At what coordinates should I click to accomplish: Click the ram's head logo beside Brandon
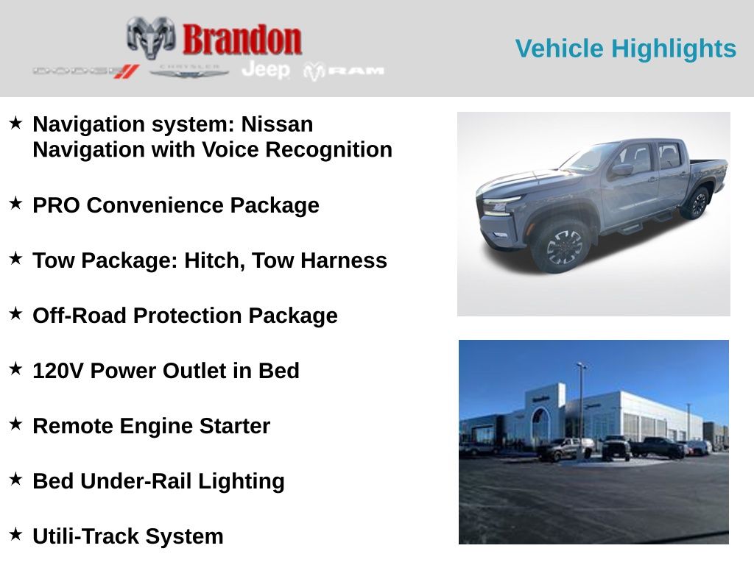[x=151, y=38]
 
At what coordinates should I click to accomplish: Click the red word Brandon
[x=242, y=39]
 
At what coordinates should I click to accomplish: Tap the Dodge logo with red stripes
[x=85, y=71]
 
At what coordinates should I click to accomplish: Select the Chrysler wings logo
[x=189, y=71]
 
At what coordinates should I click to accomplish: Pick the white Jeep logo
[x=266, y=70]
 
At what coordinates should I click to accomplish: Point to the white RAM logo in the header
[x=344, y=71]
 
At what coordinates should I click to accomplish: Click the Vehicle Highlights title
[x=626, y=49]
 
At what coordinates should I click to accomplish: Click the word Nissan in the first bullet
[x=277, y=124]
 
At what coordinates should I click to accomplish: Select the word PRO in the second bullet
[x=56, y=205]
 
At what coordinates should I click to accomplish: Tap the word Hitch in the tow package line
[x=214, y=260]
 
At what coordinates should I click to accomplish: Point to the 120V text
[x=58, y=371]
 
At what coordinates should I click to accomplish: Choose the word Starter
[x=235, y=426]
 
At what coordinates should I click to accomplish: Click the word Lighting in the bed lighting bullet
[x=241, y=482]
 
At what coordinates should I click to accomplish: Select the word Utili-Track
[x=87, y=536]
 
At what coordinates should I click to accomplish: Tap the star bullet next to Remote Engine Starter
[x=16, y=424]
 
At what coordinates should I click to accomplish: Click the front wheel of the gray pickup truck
[x=562, y=245]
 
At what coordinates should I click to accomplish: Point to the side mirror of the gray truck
[x=622, y=170]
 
